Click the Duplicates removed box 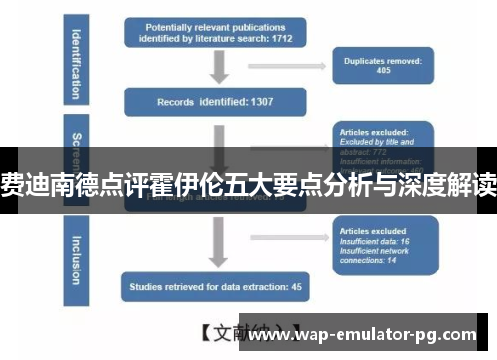pos(383,66)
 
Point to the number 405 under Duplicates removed pos(383,72)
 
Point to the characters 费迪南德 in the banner pos(42,183)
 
